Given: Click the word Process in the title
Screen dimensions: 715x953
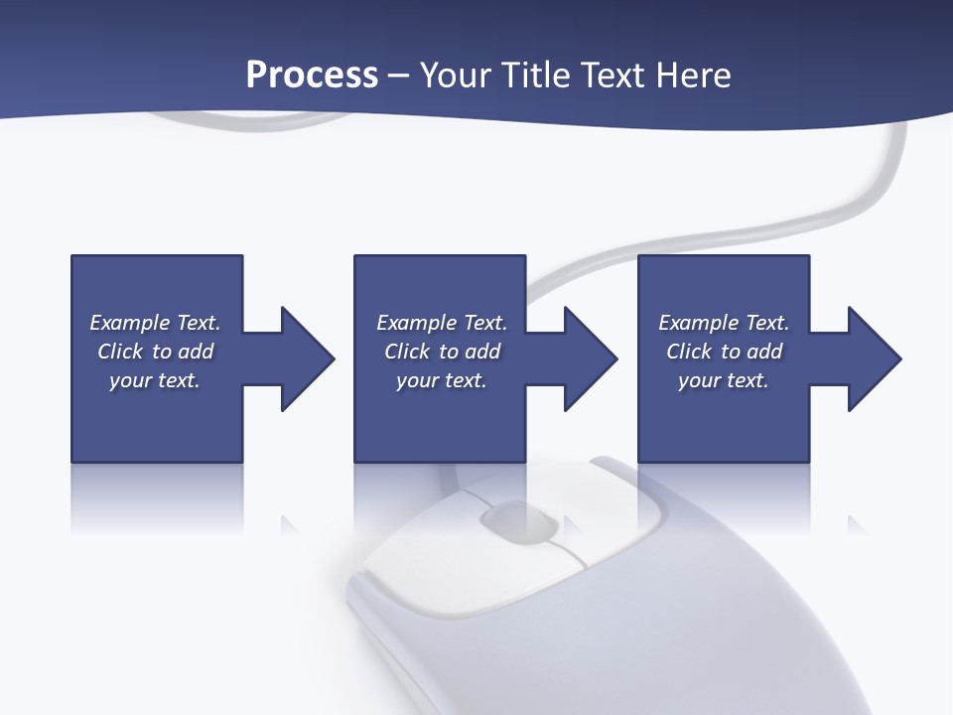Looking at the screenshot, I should [x=312, y=75].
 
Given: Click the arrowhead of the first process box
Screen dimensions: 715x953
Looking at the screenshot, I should [x=307, y=358].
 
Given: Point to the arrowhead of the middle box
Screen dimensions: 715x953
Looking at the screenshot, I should [x=590, y=358].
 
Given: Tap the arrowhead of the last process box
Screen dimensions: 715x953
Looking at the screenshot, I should [x=874, y=358].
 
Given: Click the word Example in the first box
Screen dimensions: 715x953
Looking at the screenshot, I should [x=129, y=323].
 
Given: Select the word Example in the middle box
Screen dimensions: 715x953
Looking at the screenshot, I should [x=416, y=323].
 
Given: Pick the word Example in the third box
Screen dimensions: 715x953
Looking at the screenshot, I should [x=698, y=323].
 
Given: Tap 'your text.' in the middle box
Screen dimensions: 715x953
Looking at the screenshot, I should [x=441, y=380].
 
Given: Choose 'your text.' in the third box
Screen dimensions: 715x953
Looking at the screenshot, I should [x=723, y=380].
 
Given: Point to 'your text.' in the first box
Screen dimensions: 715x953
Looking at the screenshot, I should [x=155, y=380].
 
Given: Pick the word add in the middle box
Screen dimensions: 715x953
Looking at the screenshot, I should [x=482, y=352].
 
